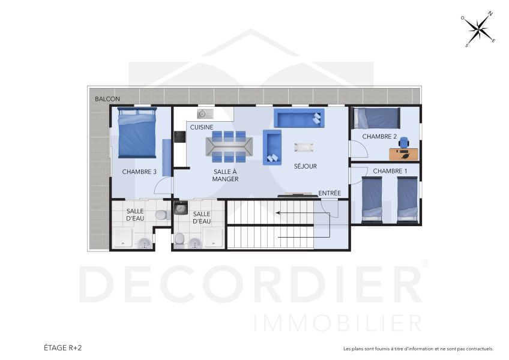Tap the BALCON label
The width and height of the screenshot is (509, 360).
pos(107,99)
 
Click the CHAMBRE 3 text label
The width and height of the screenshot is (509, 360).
pos(139,172)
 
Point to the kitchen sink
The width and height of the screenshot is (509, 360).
pos(203,113)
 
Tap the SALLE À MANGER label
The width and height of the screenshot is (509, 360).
pos(226,175)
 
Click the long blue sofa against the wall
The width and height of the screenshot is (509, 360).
pos(298,117)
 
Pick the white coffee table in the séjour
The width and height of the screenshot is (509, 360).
pos(303,146)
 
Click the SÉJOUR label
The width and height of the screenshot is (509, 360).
pos(305,166)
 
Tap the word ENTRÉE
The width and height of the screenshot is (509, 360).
pos(330,193)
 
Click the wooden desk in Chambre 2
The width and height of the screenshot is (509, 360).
pos(403,154)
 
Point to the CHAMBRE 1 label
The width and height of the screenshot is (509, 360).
pos(390,172)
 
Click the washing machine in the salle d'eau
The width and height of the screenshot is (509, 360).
pos(181,208)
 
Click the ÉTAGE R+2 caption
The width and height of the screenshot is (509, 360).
pos(62,347)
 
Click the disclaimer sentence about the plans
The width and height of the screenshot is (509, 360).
pos(418,349)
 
